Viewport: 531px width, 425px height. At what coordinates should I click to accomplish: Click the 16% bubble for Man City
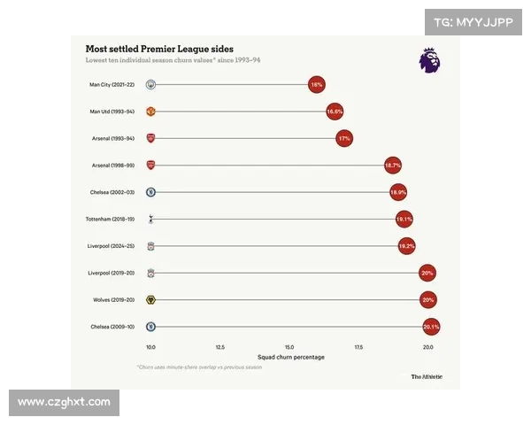316,85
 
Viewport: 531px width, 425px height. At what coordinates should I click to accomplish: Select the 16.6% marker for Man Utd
335,112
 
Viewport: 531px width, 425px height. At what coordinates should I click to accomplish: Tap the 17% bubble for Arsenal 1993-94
344,139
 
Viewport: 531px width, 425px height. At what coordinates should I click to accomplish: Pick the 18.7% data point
393,166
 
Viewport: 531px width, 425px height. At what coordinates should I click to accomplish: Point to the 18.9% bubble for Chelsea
398,192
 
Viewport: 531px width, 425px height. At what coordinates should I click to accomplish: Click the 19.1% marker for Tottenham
404,219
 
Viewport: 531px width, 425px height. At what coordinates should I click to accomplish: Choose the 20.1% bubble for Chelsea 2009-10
431,327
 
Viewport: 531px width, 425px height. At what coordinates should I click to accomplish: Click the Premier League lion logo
429,60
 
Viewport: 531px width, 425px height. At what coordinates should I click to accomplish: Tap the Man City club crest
151,85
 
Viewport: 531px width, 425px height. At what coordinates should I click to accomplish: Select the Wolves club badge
151,300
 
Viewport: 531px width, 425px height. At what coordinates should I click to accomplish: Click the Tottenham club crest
151,219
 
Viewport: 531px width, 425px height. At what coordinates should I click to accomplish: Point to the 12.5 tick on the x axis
219,347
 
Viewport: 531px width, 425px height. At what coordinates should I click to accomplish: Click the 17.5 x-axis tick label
358,347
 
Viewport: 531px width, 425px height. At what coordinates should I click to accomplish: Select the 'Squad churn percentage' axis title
289,357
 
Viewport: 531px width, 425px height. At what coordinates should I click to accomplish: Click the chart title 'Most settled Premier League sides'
159,49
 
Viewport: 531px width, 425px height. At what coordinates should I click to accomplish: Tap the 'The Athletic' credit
426,376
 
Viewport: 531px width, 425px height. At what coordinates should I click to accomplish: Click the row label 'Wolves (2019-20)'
112,300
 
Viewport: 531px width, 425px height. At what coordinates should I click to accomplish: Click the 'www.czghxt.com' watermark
64,402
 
